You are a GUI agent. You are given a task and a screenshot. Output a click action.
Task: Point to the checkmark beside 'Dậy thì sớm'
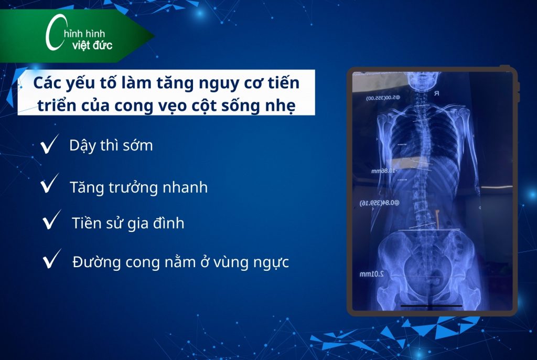(49, 146)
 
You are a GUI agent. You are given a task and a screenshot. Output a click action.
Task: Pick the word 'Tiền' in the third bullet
(85, 224)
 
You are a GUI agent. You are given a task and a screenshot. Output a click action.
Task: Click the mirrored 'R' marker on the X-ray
(436, 94)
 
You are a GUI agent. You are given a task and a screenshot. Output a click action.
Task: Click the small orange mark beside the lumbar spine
(436, 216)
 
